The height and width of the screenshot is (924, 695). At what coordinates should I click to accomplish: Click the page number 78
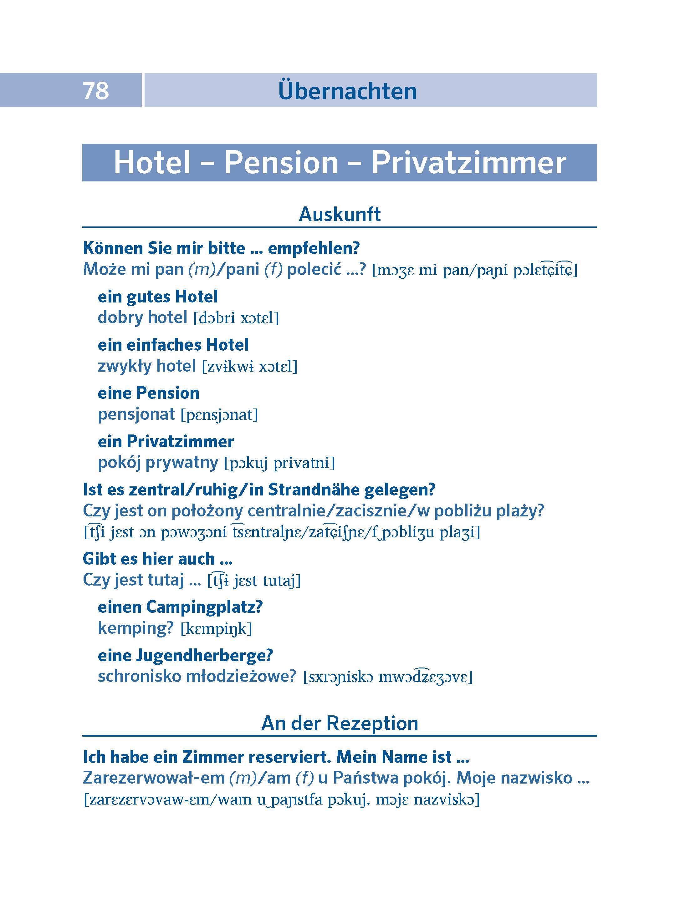coord(96,91)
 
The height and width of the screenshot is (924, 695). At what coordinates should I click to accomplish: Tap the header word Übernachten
coord(347,91)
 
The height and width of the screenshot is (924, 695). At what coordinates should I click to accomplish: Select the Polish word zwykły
coord(125,366)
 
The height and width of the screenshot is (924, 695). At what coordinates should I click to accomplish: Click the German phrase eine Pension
coord(148,393)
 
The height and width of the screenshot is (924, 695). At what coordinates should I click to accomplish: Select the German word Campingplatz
coord(204,607)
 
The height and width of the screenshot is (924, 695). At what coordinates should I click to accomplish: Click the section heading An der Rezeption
coord(339,723)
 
